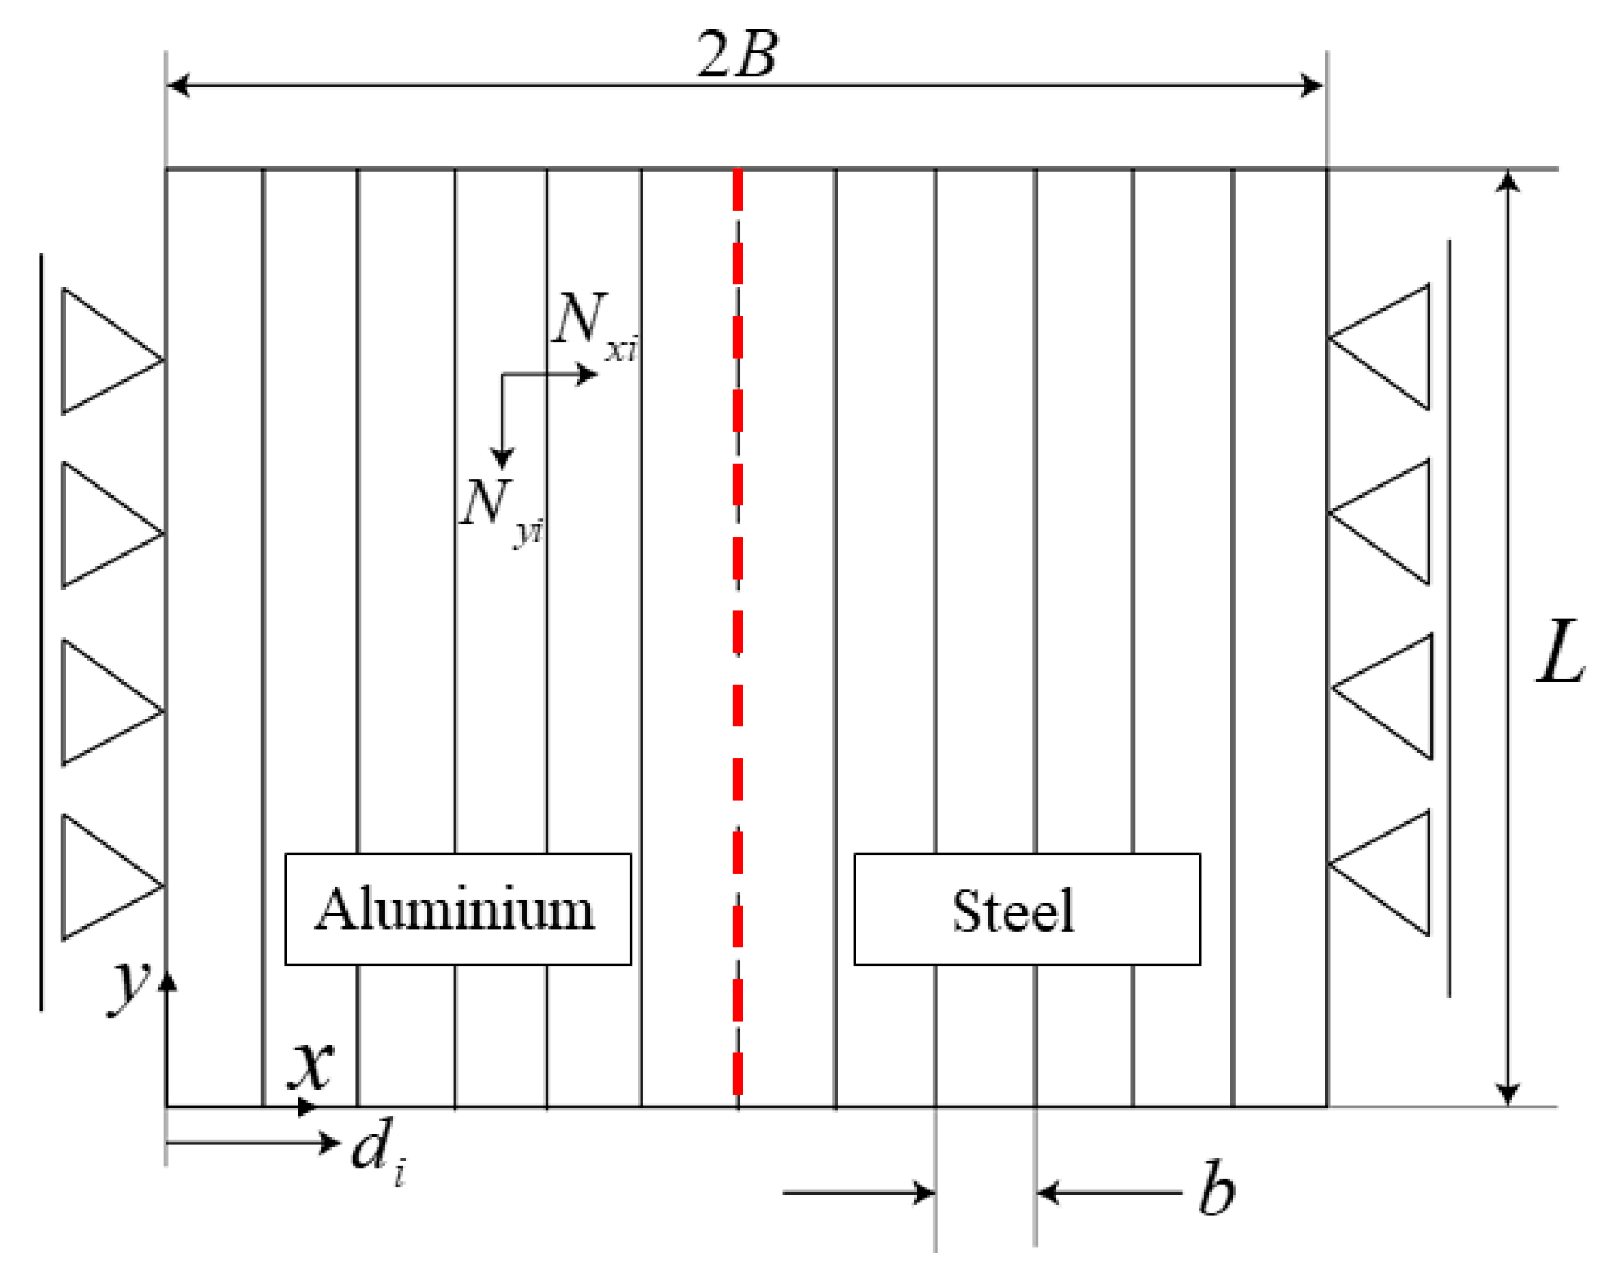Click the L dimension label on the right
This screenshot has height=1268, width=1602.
click(1559, 653)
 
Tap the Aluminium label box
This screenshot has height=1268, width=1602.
click(457, 909)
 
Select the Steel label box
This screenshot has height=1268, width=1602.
click(1026, 909)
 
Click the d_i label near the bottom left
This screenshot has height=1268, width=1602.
click(376, 1149)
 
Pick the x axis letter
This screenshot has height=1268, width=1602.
click(311, 1065)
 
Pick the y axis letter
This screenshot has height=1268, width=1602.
click(128, 988)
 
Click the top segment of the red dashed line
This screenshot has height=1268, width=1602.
click(737, 189)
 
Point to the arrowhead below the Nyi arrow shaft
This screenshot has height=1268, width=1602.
click(502, 458)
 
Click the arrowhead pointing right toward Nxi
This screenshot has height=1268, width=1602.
click(587, 375)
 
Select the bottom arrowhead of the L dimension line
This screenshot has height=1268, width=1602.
click(1507, 1093)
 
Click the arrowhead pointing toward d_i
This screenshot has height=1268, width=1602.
click(330, 1141)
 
